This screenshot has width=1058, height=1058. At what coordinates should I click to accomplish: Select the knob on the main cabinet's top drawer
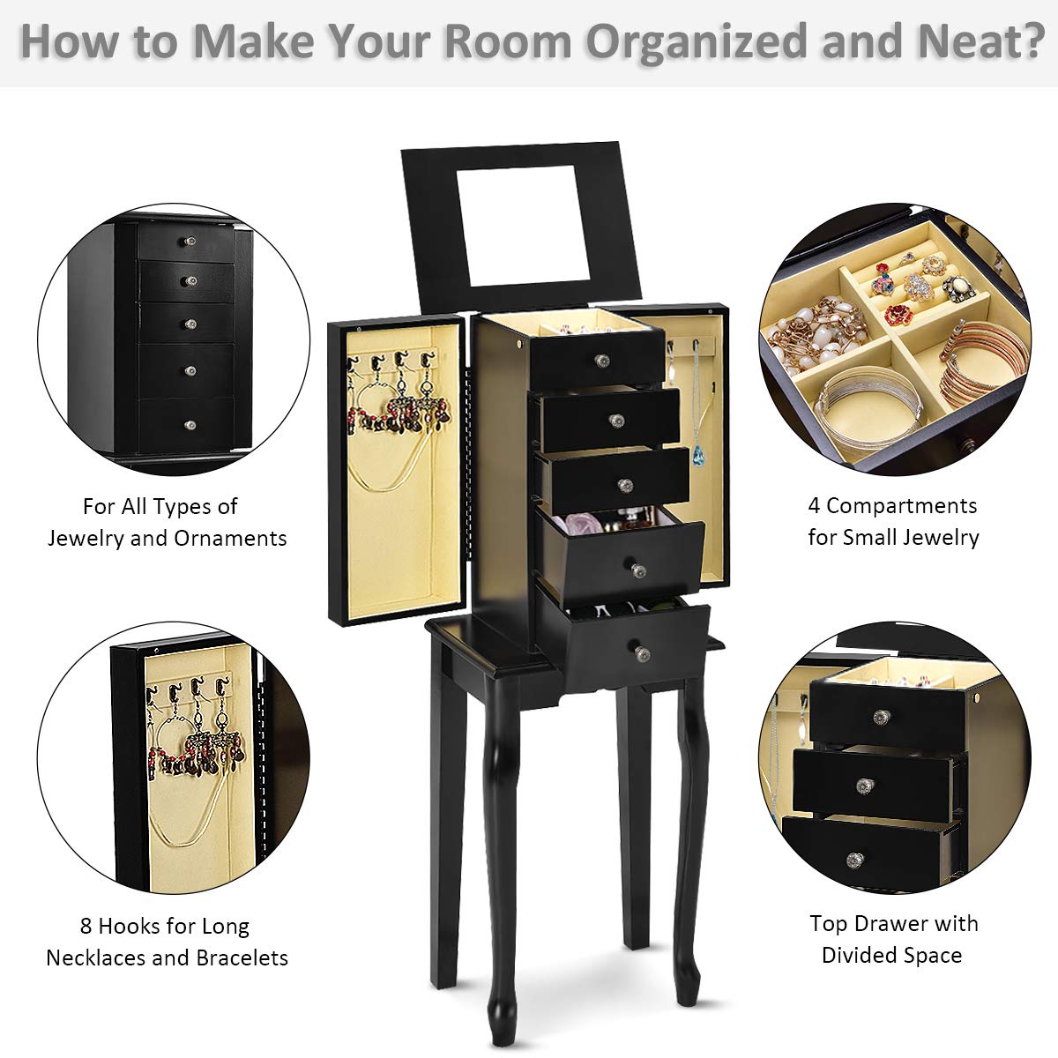(602, 361)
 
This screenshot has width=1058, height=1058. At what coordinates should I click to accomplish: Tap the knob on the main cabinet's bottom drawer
(642, 652)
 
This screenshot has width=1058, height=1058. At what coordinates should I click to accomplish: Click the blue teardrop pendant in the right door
(698, 455)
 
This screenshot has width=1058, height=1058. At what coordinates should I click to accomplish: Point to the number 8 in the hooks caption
(86, 927)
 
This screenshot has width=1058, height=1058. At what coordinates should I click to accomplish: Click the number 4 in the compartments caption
(814, 506)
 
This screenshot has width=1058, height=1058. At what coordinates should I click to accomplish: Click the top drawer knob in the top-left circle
(190, 241)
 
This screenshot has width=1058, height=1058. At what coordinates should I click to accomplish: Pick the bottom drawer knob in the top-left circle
(190, 425)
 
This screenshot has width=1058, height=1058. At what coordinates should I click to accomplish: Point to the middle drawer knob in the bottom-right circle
(866, 786)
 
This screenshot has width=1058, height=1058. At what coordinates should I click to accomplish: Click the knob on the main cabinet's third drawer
(625, 486)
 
